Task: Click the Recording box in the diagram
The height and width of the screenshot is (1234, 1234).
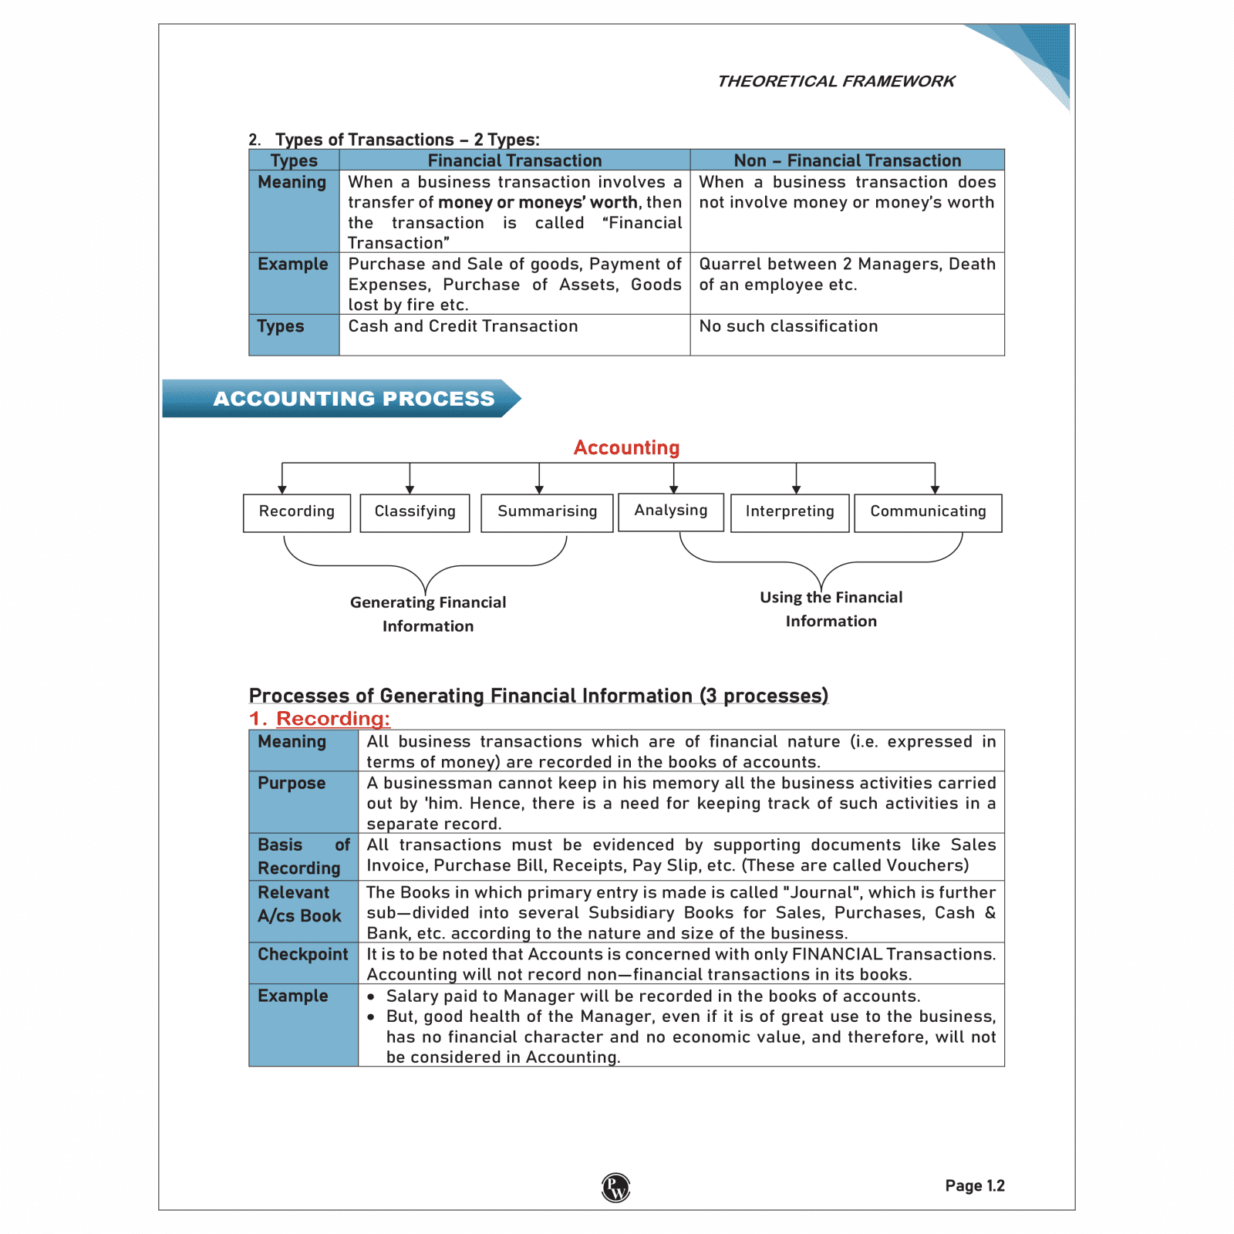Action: [297, 512]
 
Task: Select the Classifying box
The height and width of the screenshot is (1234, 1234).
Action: [415, 512]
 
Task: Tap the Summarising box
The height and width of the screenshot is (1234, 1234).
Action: [547, 512]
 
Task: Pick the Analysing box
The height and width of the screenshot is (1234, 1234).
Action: [671, 511]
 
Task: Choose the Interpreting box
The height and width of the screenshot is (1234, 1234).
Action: [790, 512]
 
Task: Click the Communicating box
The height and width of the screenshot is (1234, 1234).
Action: [928, 512]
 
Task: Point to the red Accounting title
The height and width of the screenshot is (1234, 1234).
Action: [626, 448]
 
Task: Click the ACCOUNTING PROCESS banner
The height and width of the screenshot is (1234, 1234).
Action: [353, 399]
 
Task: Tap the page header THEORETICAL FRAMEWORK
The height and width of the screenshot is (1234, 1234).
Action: [836, 82]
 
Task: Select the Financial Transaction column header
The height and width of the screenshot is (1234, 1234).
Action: [514, 160]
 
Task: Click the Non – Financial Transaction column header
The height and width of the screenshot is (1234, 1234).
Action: [847, 160]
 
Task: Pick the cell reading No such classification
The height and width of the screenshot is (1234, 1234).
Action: [788, 326]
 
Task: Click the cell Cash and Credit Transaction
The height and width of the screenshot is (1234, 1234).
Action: [463, 326]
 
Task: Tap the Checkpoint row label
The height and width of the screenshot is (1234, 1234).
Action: [303, 955]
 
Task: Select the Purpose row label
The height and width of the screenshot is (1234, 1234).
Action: [292, 784]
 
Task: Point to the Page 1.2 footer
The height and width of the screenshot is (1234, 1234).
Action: [975, 1186]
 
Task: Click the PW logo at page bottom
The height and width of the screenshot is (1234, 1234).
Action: [615, 1188]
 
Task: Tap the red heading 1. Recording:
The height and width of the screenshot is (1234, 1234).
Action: [319, 719]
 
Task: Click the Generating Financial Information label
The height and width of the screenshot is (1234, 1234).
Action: [428, 614]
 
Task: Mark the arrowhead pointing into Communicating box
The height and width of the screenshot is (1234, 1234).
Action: [935, 490]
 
